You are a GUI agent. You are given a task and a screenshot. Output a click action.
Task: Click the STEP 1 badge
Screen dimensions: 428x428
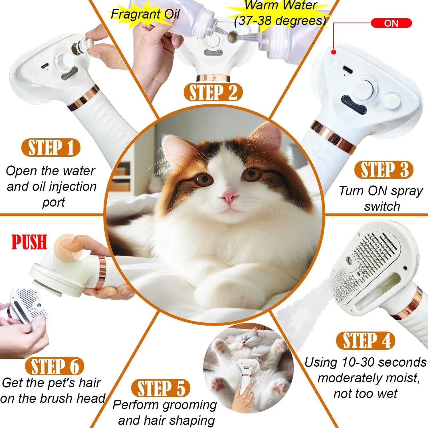tap(51, 148)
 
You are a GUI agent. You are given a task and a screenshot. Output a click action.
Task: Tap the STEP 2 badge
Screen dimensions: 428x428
tap(213, 92)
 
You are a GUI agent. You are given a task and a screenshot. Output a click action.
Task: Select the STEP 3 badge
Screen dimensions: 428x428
tap(383, 170)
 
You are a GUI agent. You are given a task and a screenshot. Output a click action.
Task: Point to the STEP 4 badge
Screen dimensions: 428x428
tap(366, 341)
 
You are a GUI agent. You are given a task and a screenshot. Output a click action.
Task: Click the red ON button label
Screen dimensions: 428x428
tap(391, 23)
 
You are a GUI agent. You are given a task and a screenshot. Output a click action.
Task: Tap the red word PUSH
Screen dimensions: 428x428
tap(29, 242)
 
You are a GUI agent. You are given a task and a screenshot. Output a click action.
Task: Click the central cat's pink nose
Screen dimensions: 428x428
tap(229, 198)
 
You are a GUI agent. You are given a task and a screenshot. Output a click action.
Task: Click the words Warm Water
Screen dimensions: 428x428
tap(281, 5)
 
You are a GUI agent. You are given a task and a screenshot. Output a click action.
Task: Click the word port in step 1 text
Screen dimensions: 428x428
tap(53, 202)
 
